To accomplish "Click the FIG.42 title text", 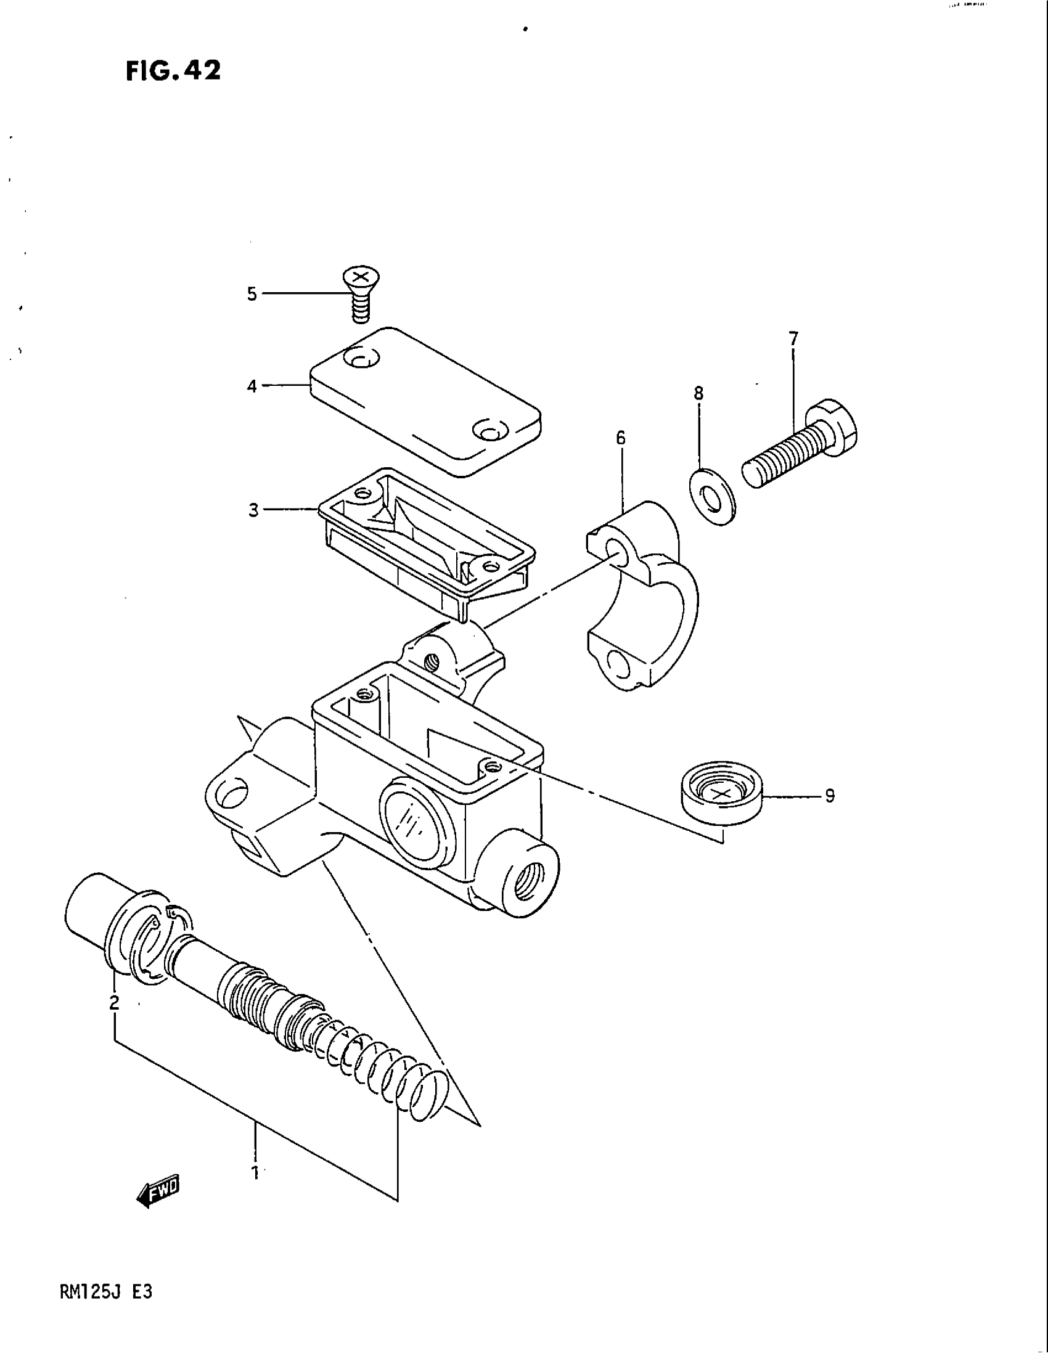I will pos(173,71).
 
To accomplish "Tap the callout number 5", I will pos(252,293).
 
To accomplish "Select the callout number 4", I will pos(252,386).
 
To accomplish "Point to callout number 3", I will pos(253,510).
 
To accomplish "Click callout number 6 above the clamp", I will pos(621,438).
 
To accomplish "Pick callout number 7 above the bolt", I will pos(793,339).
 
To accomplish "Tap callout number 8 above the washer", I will pos(698,393).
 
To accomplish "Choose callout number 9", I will pos(830,795).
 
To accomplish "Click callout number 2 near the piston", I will pos(114,1003).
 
